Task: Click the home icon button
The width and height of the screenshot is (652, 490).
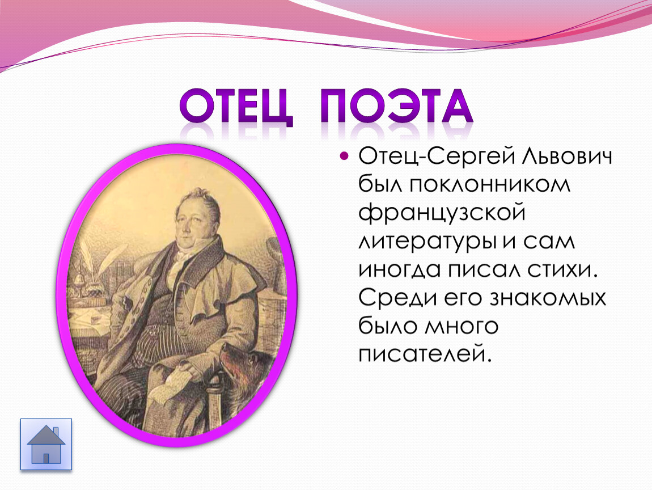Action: [x=46, y=444]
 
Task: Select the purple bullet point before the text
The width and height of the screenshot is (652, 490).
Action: [x=344, y=157]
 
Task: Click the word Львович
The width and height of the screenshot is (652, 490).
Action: [x=566, y=157]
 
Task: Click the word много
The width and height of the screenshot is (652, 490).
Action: [x=461, y=327]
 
